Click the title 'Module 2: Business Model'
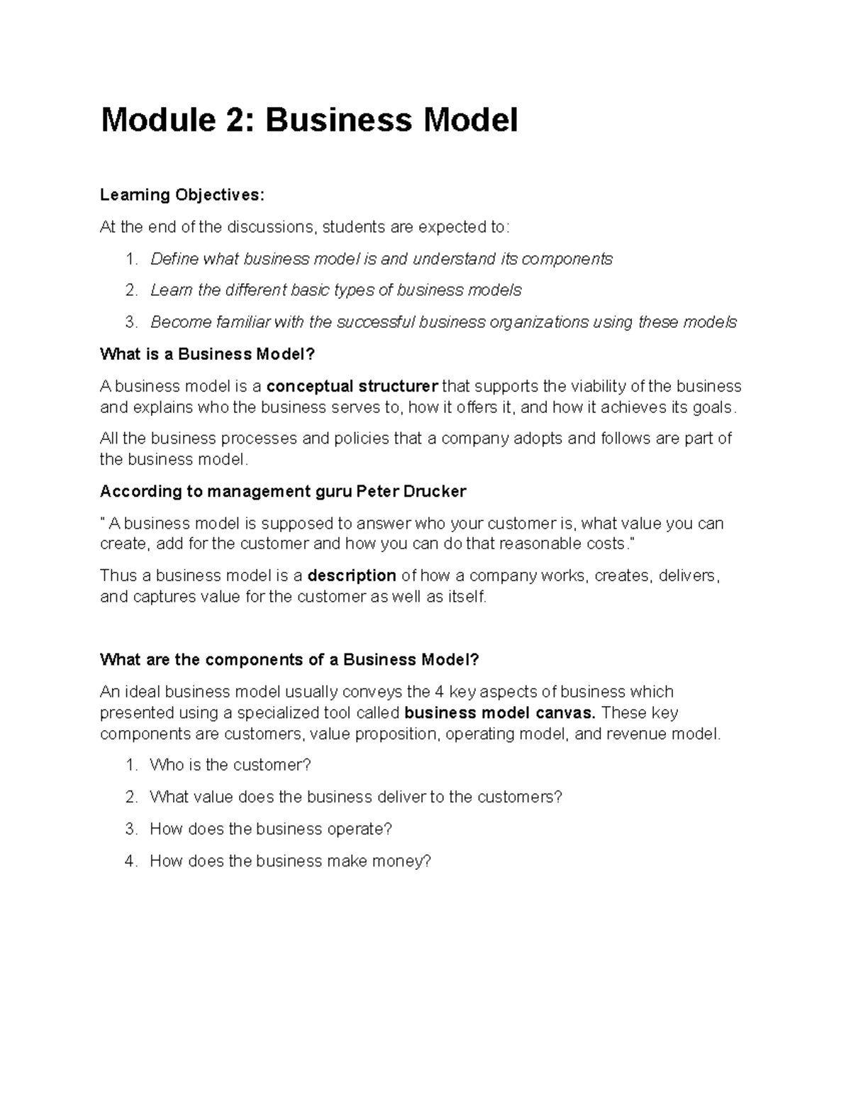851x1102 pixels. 309,121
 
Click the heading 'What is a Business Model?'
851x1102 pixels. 206,354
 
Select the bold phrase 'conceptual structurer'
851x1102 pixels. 352,387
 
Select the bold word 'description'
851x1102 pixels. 352,575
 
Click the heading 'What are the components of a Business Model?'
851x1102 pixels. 289,660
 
